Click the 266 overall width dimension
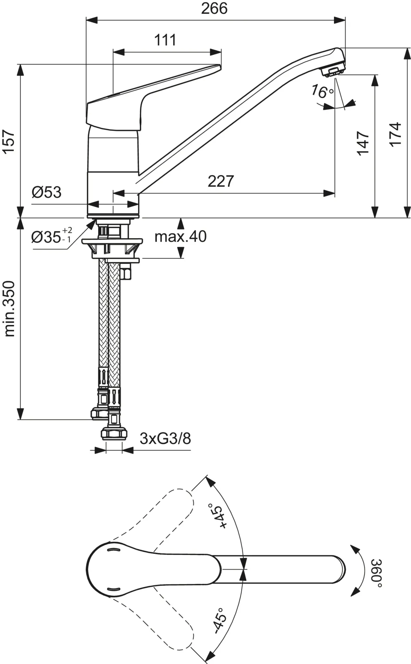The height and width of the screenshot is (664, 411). tap(214, 9)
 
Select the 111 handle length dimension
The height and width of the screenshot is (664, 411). tap(165, 40)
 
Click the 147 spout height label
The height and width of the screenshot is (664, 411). tap(363, 143)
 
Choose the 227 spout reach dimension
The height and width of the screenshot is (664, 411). tap(221, 181)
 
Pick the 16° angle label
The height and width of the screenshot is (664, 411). tap(322, 92)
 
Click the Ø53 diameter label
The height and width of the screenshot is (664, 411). tap(47, 192)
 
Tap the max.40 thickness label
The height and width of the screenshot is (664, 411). tap(180, 237)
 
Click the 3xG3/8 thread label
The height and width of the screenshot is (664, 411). tap(165, 438)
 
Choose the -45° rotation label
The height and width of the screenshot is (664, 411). tap(220, 620)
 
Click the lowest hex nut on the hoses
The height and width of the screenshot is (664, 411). tap(114, 434)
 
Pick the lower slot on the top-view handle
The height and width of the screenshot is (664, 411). tap(113, 589)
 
